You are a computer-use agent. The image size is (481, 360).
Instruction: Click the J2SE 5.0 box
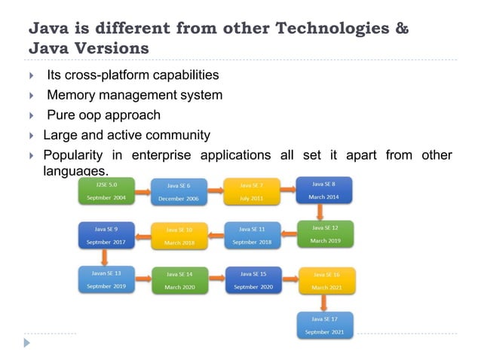pyautogui.click(x=106, y=191)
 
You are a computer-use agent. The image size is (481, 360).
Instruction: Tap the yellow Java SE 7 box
pyautogui.click(x=251, y=191)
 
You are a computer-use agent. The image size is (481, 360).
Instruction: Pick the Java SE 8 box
pyautogui.click(x=324, y=190)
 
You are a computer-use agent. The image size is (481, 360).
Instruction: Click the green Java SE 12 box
pyautogui.click(x=325, y=234)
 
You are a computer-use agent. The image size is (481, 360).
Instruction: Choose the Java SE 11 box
pyautogui.click(x=252, y=235)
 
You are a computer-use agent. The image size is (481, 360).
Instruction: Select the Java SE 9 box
pyautogui.click(x=106, y=235)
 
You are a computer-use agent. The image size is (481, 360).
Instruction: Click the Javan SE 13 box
pyautogui.click(x=106, y=279)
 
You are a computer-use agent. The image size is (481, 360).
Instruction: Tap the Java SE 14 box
pyautogui.click(x=179, y=280)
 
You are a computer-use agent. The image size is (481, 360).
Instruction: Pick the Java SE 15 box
pyautogui.click(x=252, y=279)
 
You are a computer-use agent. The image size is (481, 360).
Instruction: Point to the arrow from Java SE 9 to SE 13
pyautogui.click(x=105, y=257)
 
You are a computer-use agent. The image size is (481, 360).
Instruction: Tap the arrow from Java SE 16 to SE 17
pyautogui.click(x=324, y=303)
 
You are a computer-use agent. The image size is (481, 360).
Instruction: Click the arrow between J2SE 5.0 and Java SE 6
pyautogui.click(x=142, y=191)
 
